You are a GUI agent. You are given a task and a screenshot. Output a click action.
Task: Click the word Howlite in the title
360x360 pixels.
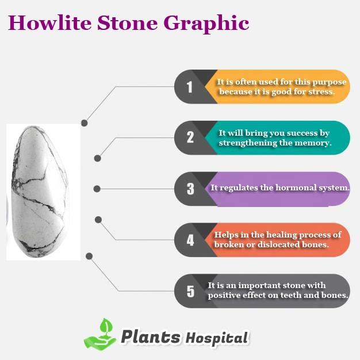click(49, 23)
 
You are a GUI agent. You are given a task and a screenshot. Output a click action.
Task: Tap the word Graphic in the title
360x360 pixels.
click(206, 24)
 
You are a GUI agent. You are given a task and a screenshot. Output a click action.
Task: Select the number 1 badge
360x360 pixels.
click(189, 87)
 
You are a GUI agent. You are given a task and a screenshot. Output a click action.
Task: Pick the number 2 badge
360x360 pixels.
click(190, 137)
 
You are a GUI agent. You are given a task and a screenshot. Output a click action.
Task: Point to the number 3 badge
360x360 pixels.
click(190, 189)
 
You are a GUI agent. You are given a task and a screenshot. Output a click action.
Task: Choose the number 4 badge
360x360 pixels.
click(190, 240)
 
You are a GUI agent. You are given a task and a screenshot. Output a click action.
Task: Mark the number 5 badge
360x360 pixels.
click(190, 292)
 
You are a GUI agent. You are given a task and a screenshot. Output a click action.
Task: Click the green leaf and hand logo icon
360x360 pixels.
click(100, 334)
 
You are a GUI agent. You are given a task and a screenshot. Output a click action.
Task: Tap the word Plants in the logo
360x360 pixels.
click(151, 337)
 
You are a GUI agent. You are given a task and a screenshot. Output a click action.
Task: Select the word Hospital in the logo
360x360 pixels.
click(217, 338)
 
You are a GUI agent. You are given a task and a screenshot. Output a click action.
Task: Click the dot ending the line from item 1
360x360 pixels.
click(85, 123)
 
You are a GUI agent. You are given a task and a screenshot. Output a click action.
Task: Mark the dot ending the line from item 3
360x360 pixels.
click(97, 189)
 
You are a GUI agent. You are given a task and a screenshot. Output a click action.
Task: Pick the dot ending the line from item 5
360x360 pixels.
click(89, 256)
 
